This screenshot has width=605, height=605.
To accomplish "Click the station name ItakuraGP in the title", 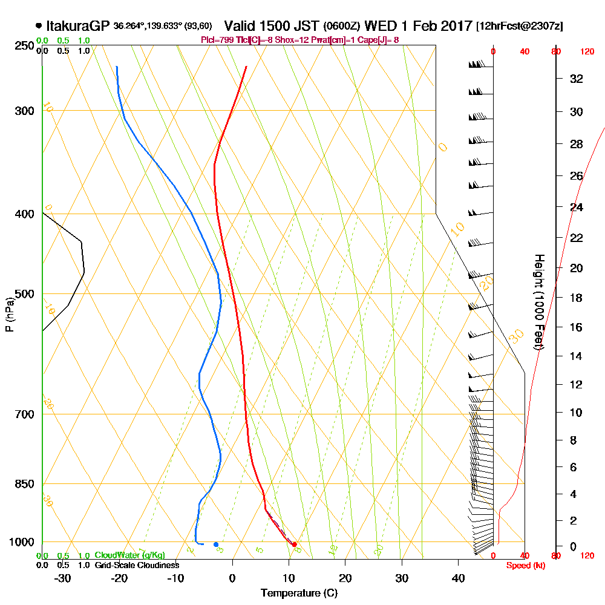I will click(x=78, y=26).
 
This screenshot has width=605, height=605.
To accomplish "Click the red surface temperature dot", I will click(x=295, y=544).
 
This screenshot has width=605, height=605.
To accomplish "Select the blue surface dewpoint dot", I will click(x=216, y=544).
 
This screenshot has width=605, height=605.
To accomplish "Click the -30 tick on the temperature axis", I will click(x=63, y=578).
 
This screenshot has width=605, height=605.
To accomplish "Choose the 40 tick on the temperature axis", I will click(x=458, y=578).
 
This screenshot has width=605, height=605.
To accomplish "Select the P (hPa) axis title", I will click(x=9, y=315).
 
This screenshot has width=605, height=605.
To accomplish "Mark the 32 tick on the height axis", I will click(x=577, y=79).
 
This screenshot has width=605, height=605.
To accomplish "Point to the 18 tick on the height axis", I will click(x=577, y=298).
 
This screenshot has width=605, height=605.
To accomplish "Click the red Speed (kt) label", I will click(x=524, y=565).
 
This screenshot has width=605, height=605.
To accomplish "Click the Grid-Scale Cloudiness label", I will click(x=137, y=565).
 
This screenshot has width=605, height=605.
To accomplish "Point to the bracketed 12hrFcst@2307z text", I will click(x=520, y=27).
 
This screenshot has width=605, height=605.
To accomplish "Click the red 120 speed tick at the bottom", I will click(x=586, y=555).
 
